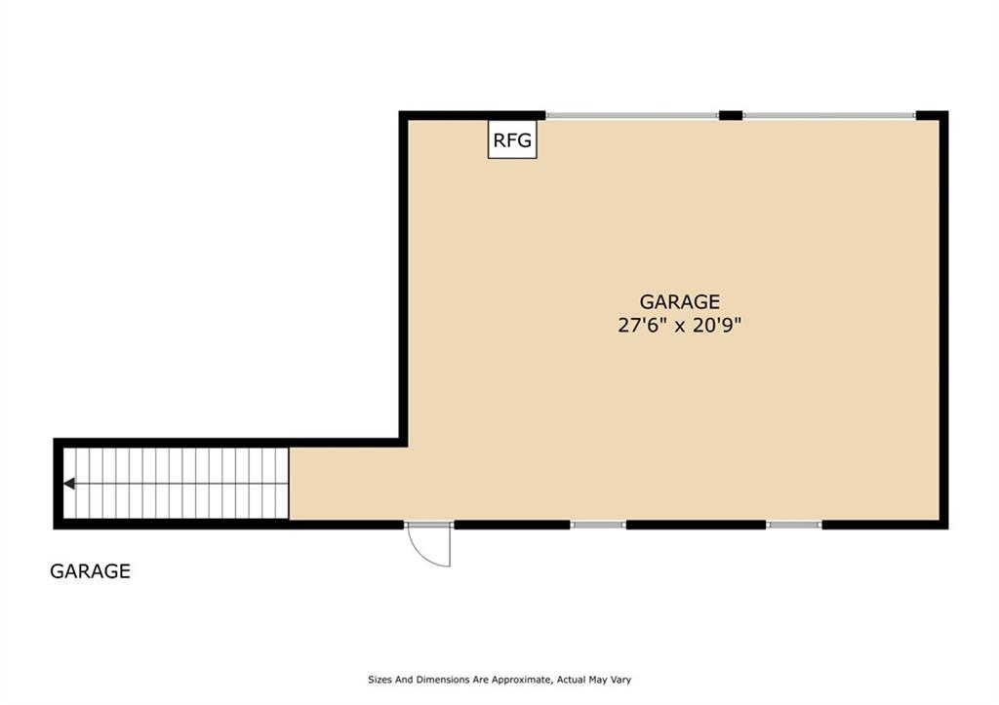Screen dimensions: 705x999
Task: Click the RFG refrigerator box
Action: click(512, 140)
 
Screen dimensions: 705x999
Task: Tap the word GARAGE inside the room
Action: click(680, 302)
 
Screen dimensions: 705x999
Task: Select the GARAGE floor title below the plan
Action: click(90, 571)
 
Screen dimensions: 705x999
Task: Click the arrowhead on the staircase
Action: click(70, 483)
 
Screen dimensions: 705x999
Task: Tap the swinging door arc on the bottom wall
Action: click(432, 546)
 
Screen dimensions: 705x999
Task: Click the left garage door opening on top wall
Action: click(632, 116)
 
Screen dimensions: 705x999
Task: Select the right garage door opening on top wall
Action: click(829, 116)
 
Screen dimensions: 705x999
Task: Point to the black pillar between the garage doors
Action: click(731, 116)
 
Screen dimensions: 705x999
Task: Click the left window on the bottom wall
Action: click(598, 525)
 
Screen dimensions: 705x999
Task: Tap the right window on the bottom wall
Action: click(794, 525)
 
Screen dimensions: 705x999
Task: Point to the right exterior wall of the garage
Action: click(943, 322)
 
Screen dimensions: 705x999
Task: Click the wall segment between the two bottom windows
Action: click(696, 525)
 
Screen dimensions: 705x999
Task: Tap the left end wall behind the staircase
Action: click(59, 484)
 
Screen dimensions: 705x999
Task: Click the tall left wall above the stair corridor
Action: click(403, 278)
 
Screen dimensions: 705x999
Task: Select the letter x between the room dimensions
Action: click(680, 326)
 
